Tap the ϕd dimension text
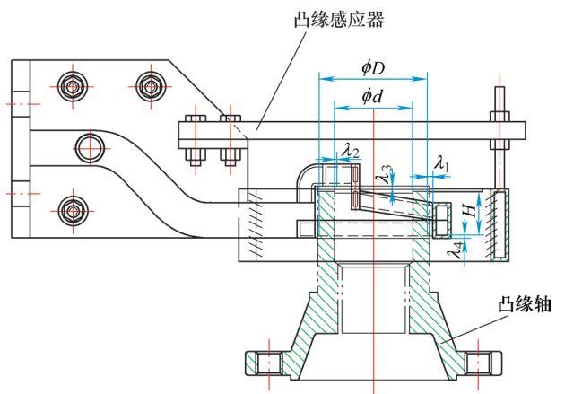click(x=371, y=94)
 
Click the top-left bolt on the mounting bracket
click(x=73, y=88)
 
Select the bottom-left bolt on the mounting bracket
click(x=73, y=211)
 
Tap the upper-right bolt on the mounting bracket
click(x=150, y=88)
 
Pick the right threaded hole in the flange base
click(x=481, y=363)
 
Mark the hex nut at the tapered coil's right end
click(x=441, y=219)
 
